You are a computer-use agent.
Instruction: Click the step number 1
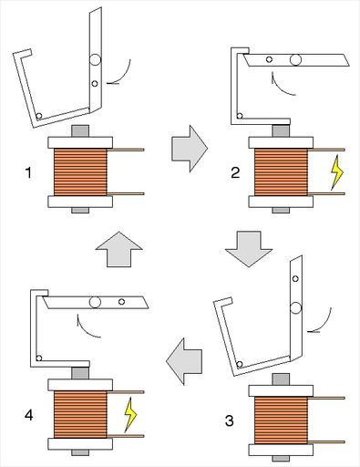click(28, 173)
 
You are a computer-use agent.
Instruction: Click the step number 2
click(235, 173)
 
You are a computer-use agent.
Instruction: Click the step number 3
click(230, 420)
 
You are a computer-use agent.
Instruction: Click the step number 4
click(28, 415)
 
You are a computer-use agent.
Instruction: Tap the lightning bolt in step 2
click(337, 172)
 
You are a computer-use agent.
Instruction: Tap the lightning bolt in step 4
click(130, 415)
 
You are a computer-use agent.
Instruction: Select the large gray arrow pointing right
click(190, 149)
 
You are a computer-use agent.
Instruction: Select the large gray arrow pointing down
click(249, 249)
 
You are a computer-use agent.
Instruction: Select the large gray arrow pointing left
click(184, 361)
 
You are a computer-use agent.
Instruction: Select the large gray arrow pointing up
click(119, 249)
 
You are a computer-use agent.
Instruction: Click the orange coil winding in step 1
click(80, 171)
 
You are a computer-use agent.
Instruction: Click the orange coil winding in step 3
click(281, 420)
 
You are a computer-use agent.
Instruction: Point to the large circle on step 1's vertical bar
click(95, 59)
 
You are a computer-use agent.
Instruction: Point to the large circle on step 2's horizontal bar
click(295, 59)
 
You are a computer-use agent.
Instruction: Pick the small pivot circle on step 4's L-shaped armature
click(39, 358)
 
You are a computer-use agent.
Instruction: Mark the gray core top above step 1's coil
click(80, 131)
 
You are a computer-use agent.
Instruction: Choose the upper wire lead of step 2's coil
click(326, 150)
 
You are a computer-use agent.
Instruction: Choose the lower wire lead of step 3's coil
click(326, 441)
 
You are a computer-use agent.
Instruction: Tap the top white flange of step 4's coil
click(80, 385)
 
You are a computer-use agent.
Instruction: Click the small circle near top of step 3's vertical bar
click(295, 278)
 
